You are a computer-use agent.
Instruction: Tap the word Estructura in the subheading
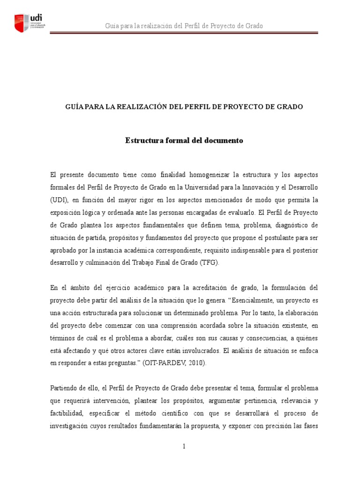142,141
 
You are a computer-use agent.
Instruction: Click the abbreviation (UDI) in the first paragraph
59,199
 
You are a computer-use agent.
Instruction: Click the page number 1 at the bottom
184,447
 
